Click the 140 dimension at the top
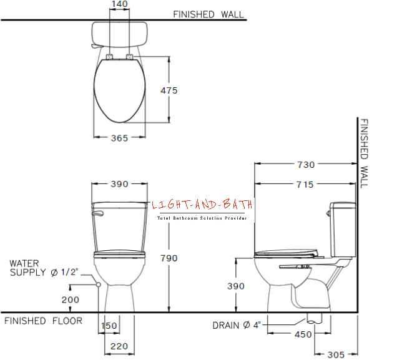[x=120, y=4]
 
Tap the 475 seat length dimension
[x=169, y=90]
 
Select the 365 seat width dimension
[x=119, y=139]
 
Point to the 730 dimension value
[x=306, y=165]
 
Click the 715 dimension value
[x=305, y=185]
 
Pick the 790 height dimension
[x=169, y=258]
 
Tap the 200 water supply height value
[x=70, y=300]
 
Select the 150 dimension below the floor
[x=109, y=326]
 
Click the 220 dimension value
[x=119, y=346]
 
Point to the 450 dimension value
[x=303, y=334]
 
